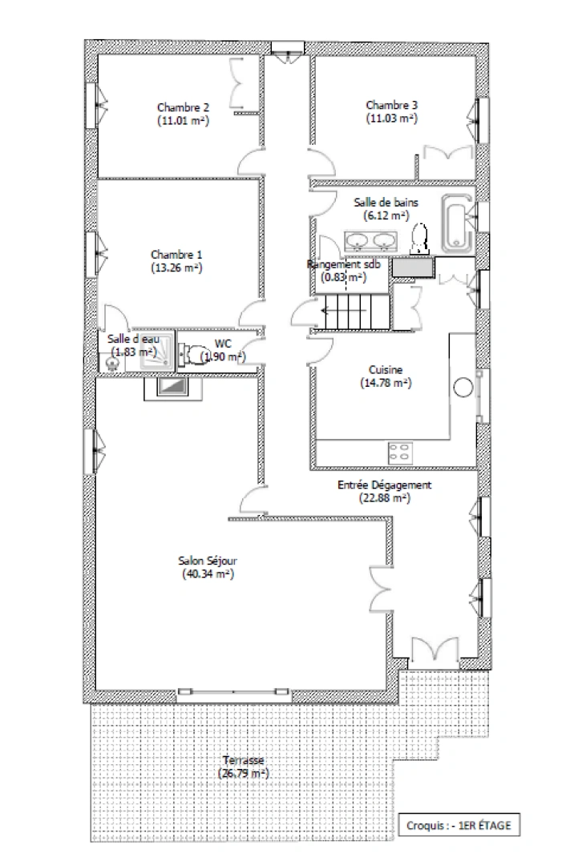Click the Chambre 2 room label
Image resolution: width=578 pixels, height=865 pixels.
click(183, 107)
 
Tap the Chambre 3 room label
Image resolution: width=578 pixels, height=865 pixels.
click(391, 105)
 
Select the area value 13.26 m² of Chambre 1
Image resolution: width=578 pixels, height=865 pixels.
click(176, 268)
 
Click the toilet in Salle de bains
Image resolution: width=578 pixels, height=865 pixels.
click(418, 237)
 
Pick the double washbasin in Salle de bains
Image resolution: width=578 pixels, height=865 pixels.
click(370, 239)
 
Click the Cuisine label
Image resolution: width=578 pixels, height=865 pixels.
click(386, 370)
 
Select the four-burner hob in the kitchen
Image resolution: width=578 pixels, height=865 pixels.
click(400, 451)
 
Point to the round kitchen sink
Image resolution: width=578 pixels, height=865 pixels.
click(463, 388)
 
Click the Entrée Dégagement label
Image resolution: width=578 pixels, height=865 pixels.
click(385, 485)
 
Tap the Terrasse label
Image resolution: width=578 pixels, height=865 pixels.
click(243, 760)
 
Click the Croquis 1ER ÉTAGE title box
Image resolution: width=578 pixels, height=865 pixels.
click(457, 823)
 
